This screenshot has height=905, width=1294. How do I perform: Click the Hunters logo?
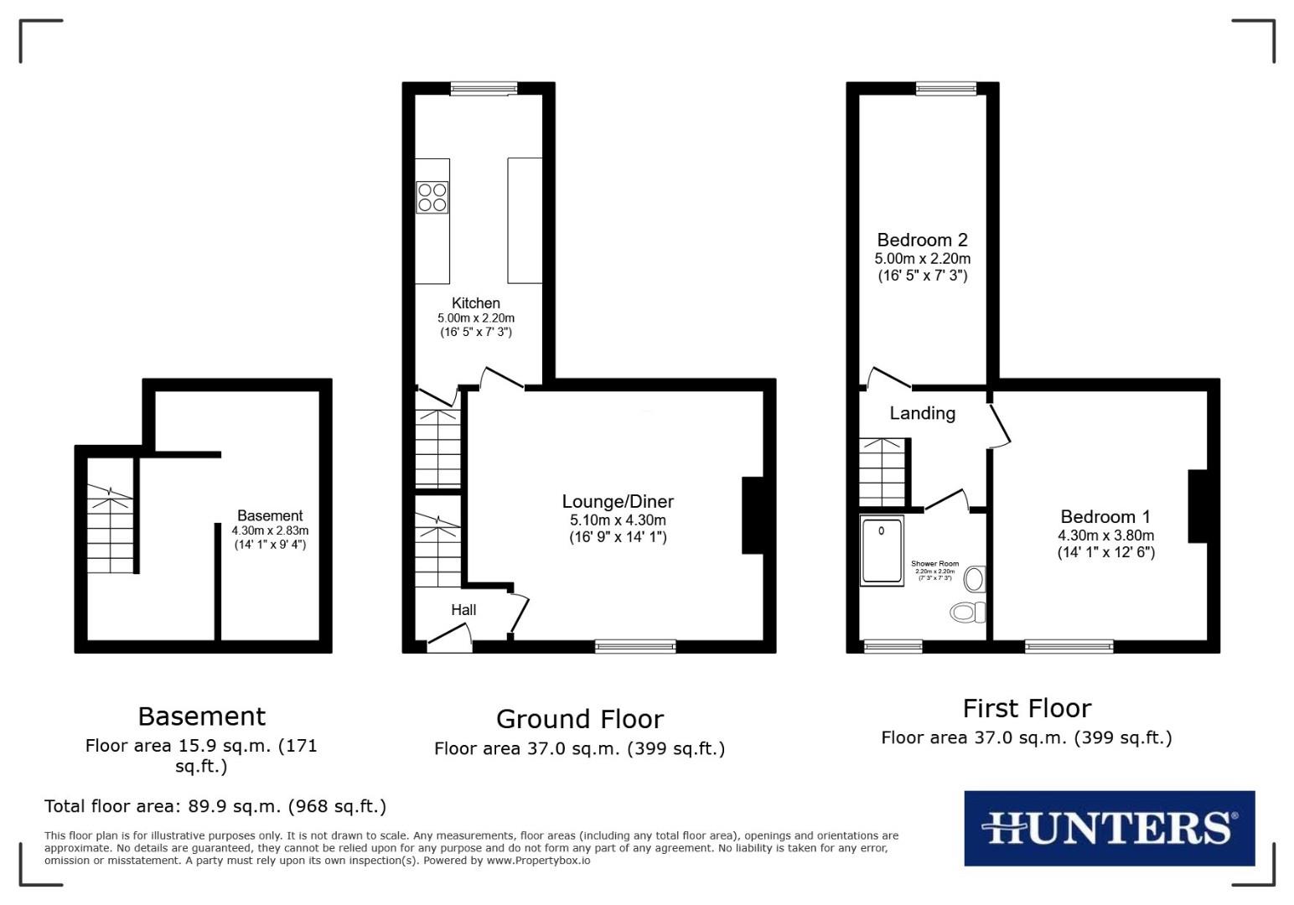(1109, 828)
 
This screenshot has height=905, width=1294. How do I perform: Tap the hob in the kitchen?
(432, 197)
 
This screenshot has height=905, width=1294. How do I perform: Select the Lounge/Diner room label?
(618, 502)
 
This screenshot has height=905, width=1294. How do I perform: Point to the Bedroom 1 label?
(1105, 517)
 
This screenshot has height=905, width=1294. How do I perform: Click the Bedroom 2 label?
(922, 240)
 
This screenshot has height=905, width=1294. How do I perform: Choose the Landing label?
(922, 413)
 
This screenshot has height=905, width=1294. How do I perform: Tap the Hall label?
(463, 610)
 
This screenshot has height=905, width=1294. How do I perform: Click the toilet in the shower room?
(970, 612)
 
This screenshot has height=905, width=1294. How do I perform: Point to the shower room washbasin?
(975, 578)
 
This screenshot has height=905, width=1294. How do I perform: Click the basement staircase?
(110, 530)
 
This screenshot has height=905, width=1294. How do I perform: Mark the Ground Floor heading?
(580, 719)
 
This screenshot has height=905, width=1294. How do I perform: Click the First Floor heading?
(1027, 709)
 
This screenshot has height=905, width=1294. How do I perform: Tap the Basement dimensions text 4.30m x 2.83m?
(270, 530)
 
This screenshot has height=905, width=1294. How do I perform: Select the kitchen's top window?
(484, 88)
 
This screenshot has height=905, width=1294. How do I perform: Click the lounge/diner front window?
(635, 646)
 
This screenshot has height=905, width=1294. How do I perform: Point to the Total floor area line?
(215, 806)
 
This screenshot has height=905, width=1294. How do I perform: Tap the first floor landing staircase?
(883, 472)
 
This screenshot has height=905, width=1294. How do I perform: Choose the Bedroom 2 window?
(946, 88)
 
